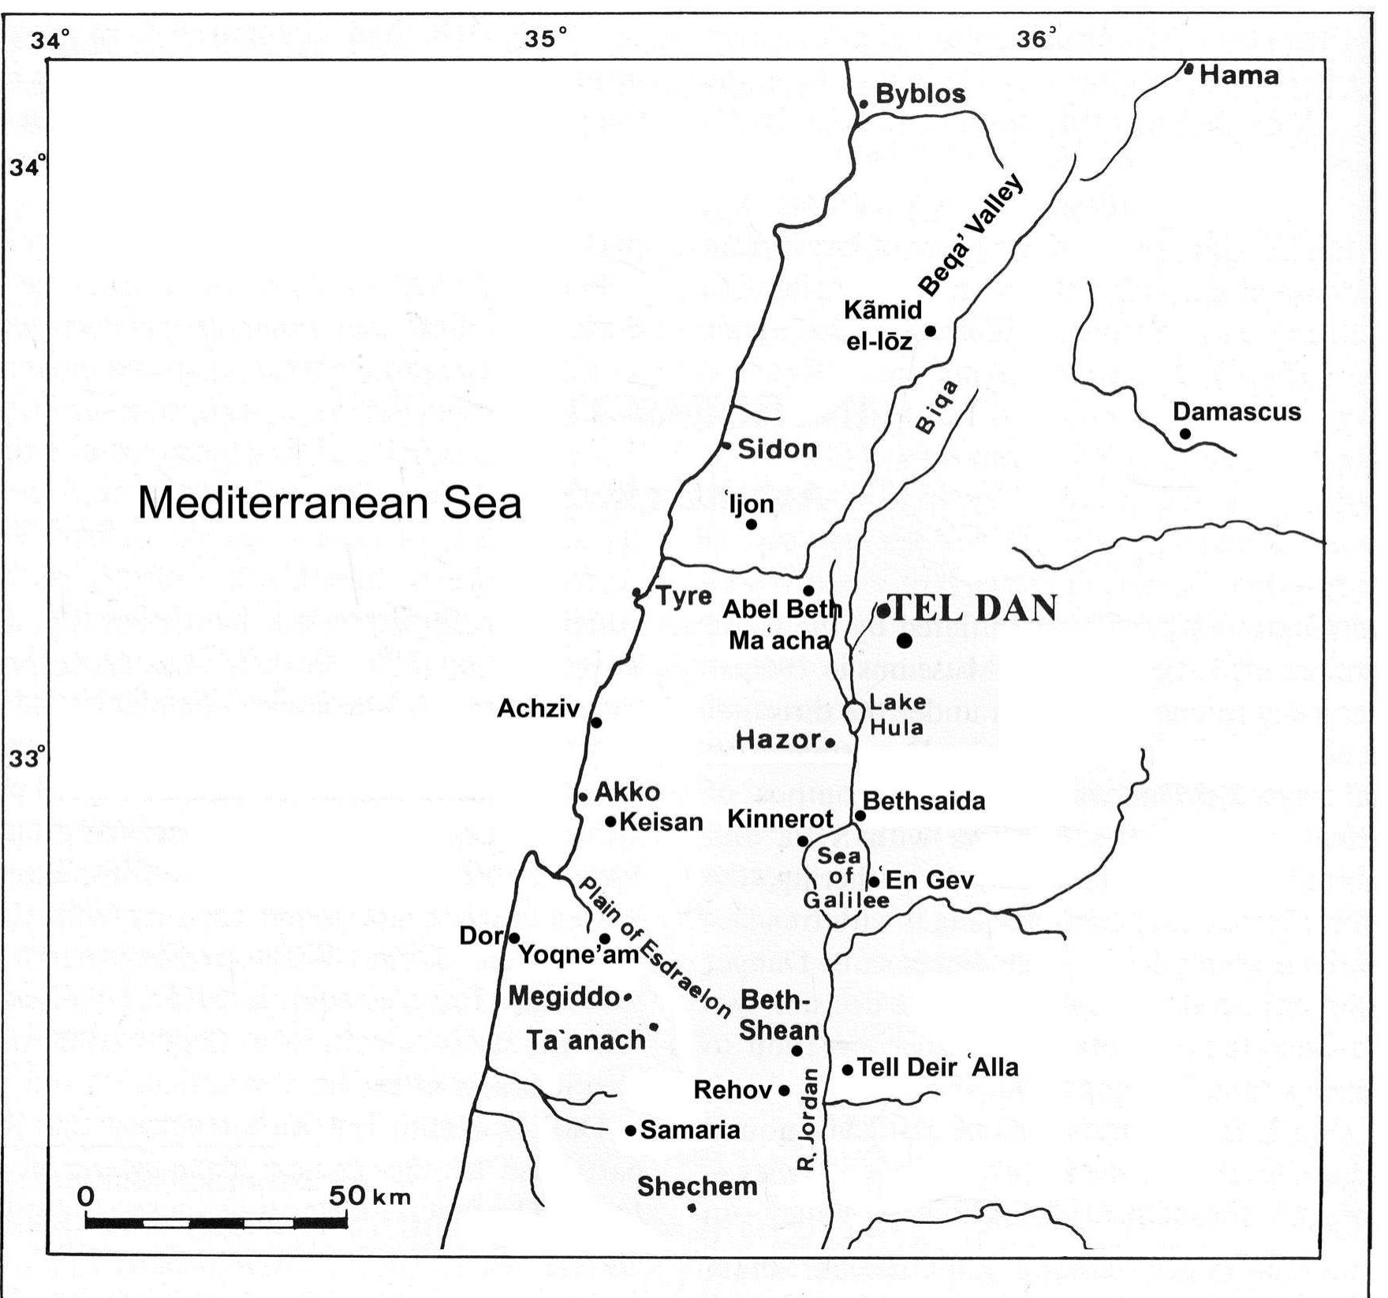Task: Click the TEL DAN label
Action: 974,608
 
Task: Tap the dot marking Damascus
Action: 1185,434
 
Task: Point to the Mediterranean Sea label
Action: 330,503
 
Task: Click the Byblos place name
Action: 920,95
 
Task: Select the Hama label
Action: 1239,76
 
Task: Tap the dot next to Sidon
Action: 726,446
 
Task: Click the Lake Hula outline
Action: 853,715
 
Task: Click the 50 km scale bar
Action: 216,1223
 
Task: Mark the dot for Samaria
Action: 630,1131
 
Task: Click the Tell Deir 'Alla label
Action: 938,1068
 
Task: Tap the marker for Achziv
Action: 596,722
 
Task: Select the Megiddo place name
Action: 562,997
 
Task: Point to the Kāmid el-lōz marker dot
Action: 931,331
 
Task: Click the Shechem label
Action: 697,1186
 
